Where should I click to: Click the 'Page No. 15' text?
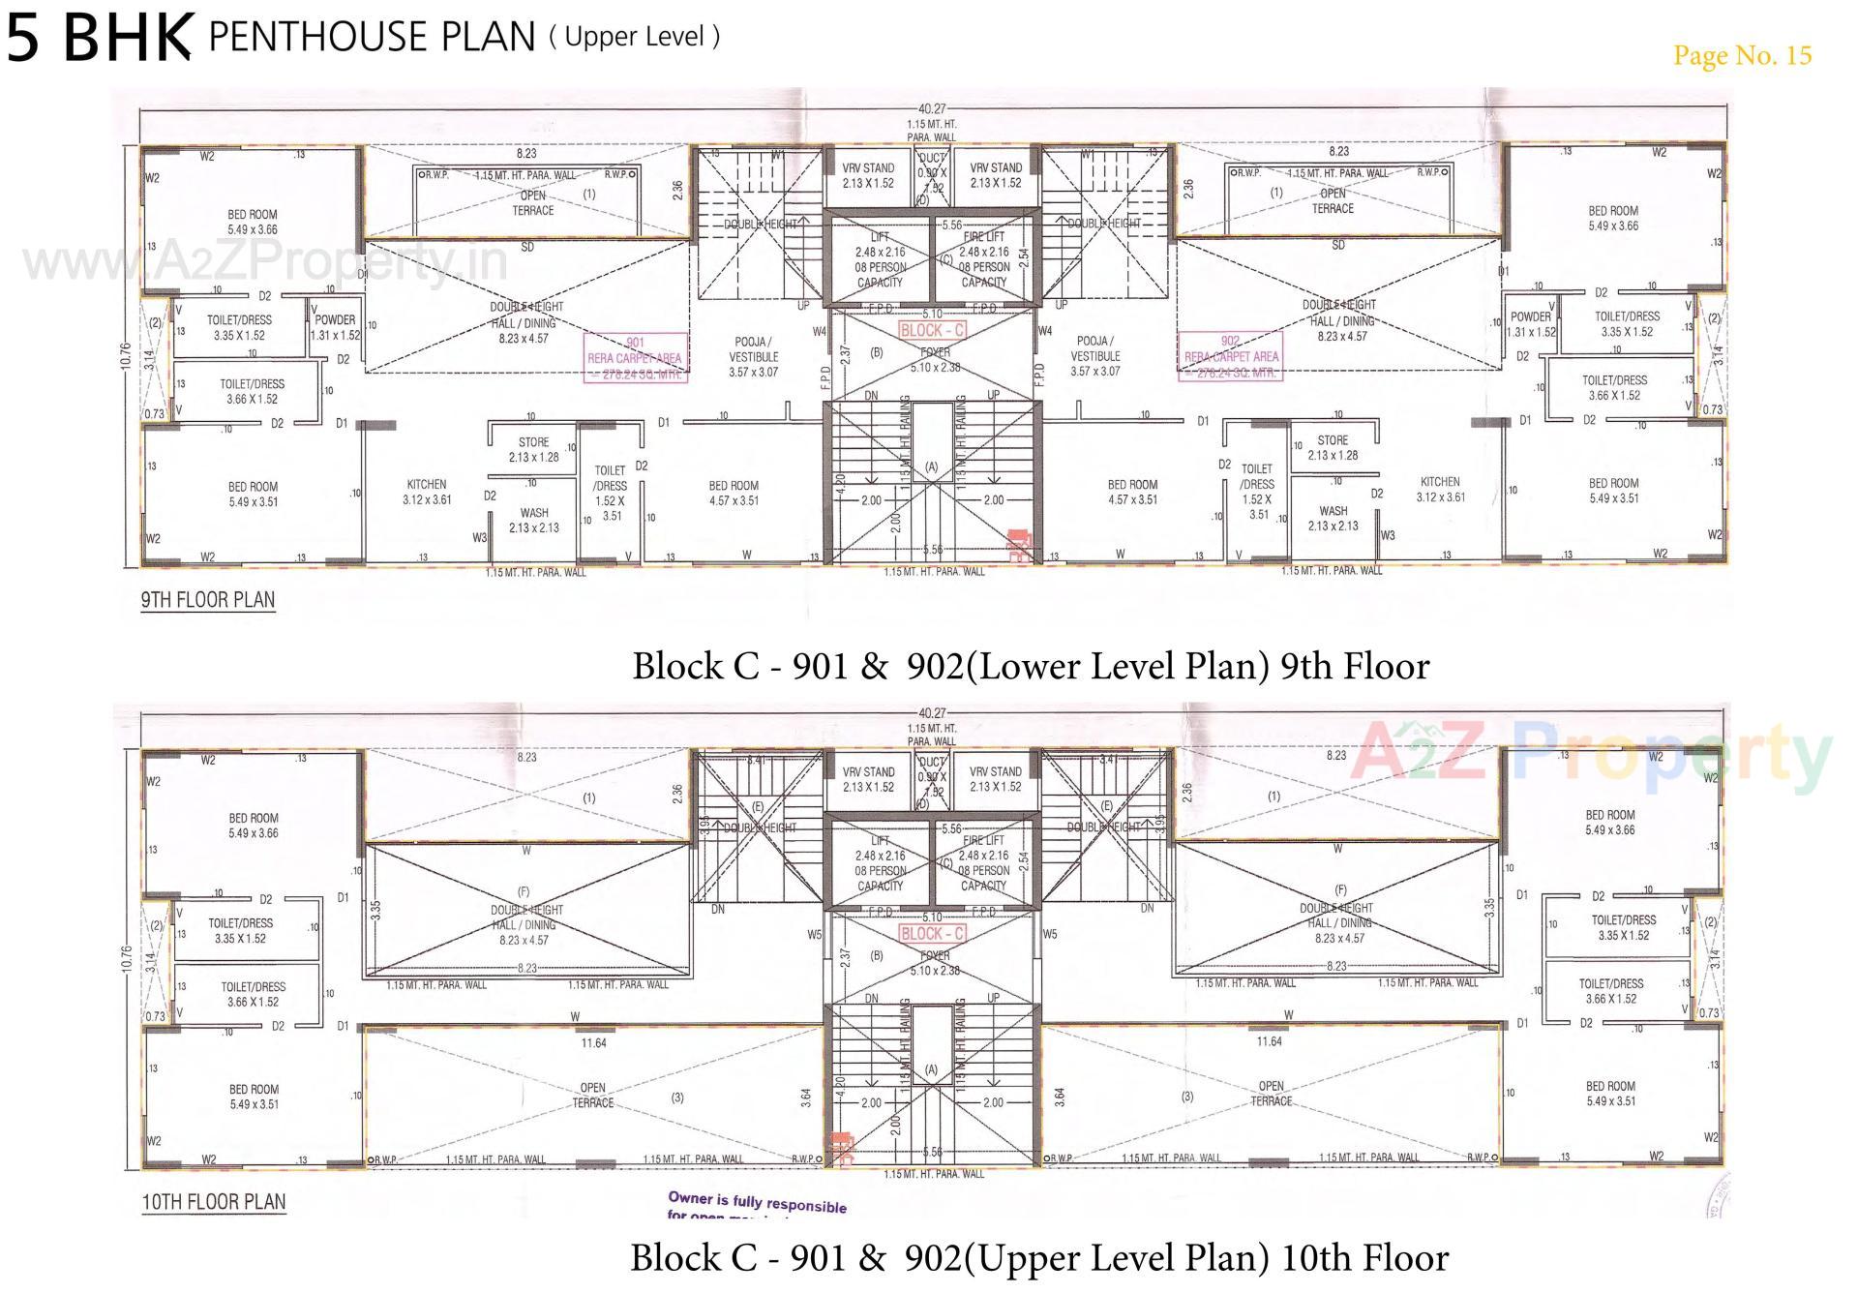(x=1742, y=55)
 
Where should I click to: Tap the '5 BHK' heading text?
(x=99, y=37)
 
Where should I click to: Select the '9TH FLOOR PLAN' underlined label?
(x=208, y=600)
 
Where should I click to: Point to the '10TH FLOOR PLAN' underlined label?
(x=214, y=1202)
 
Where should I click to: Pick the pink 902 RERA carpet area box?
(x=1231, y=356)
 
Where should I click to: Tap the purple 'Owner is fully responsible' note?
(x=757, y=1203)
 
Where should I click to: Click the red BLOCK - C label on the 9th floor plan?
(x=933, y=330)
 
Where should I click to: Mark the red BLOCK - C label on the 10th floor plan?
(x=933, y=934)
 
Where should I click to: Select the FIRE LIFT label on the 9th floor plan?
(x=984, y=236)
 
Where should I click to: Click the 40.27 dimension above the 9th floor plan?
(x=932, y=109)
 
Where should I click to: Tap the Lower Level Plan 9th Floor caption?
(x=1031, y=666)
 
